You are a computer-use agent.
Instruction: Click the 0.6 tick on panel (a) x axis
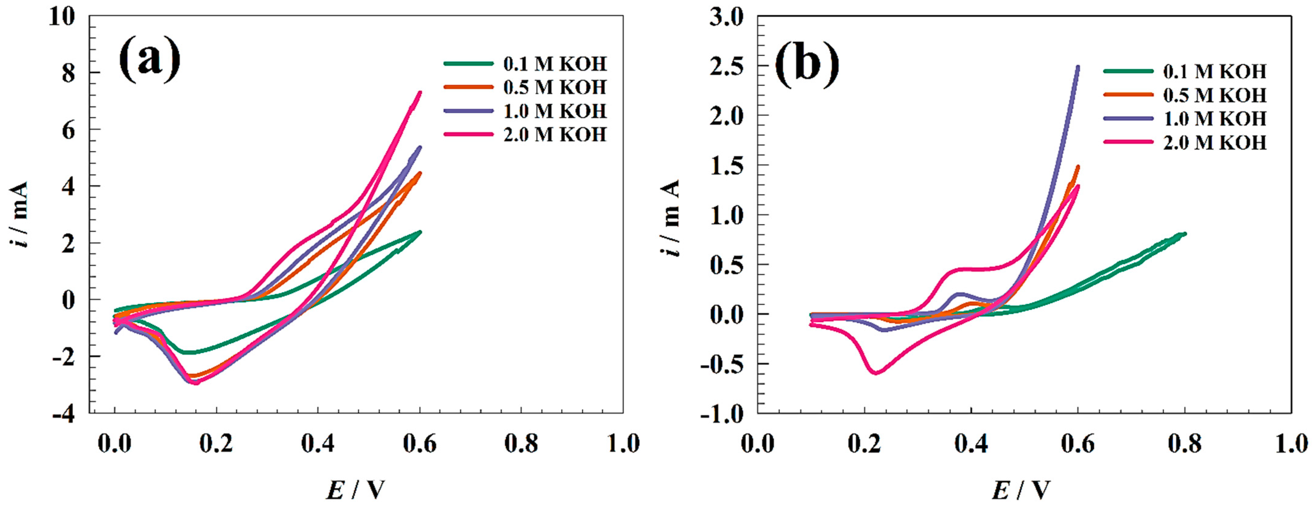(420, 443)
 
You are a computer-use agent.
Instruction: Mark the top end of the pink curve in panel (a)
(420, 93)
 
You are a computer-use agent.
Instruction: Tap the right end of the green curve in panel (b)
(1185, 234)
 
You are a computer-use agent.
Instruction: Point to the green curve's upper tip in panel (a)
(420, 232)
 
